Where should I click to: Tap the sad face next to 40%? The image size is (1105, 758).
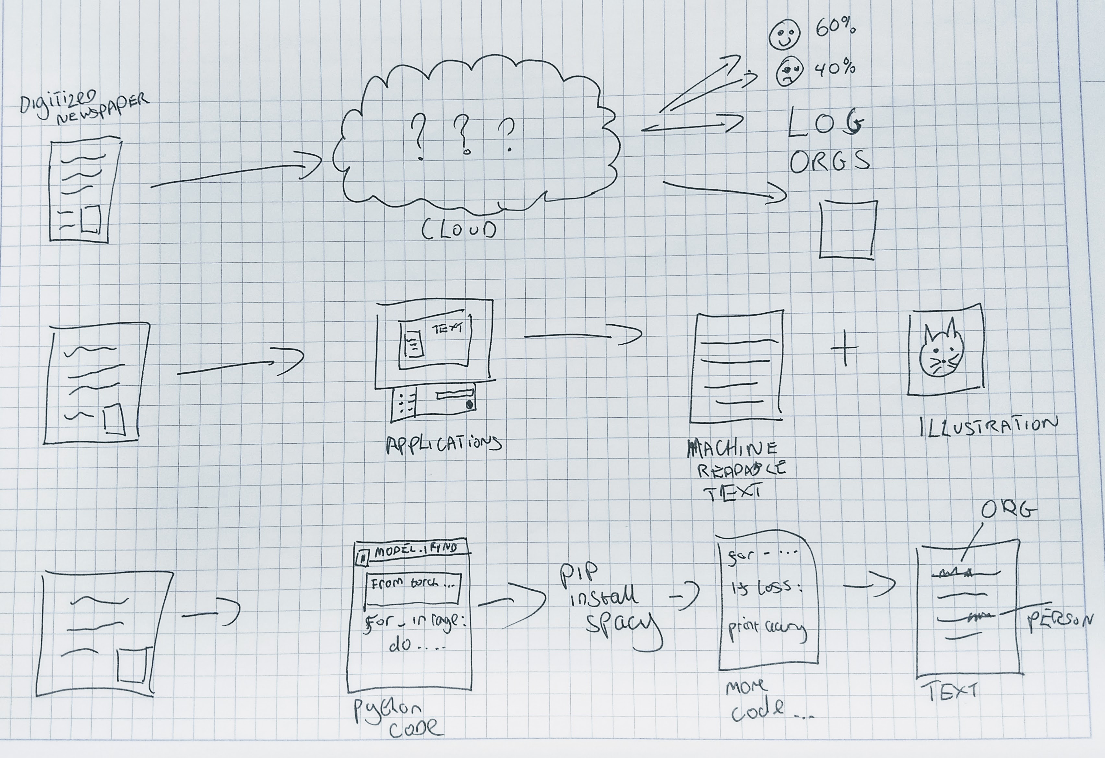(x=789, y=71)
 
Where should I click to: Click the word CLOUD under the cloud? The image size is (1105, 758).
(x=459, y=230)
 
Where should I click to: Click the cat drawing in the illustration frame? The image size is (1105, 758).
(x=940, y=352)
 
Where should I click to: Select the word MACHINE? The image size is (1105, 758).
(x=732, y=449)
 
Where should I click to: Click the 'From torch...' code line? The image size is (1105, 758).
(x=412, y=584)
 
